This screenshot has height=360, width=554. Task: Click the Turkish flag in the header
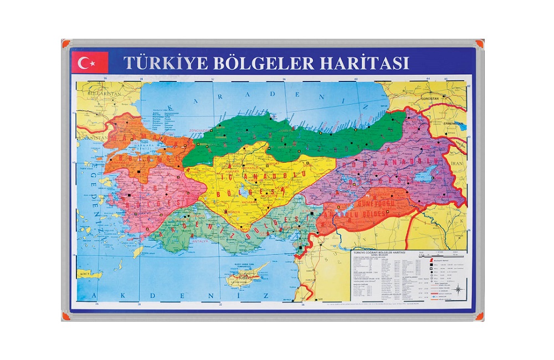[89, 63]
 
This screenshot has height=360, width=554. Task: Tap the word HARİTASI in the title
[365, 62]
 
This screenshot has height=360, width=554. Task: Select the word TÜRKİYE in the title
[166, 62]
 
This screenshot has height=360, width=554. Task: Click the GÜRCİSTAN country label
[429, 97]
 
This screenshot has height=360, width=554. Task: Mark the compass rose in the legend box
[458, 288]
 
